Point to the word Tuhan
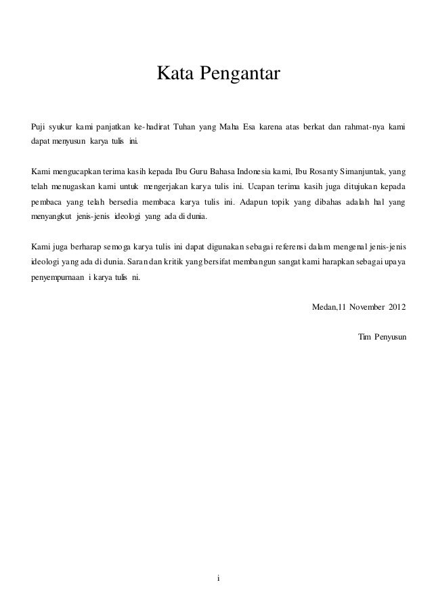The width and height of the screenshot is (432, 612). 183,125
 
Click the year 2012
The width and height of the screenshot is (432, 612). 398,308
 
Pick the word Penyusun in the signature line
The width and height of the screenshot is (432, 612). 391,337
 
